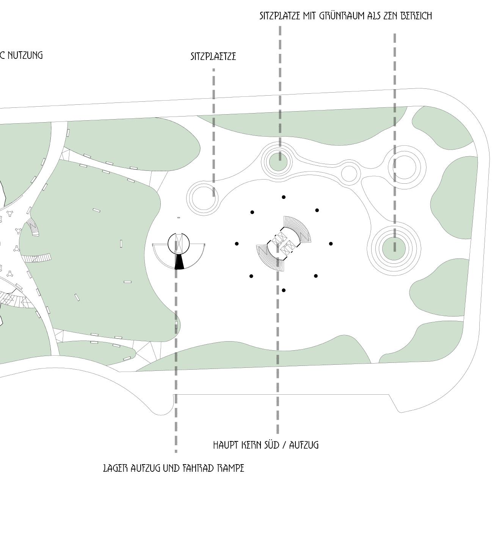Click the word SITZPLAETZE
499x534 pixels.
pos(213,57)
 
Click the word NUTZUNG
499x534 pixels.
pos(25,55)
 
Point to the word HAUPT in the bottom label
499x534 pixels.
pos(226,445)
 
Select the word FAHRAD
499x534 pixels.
pos(198,468)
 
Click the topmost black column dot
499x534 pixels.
pos(284,197)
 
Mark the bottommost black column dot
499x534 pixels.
pos(284,290)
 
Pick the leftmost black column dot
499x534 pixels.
pos(237,244)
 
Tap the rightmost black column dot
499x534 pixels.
pos(331,244)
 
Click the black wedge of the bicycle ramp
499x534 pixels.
pos(179,262)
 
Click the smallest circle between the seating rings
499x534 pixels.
pos(349,173)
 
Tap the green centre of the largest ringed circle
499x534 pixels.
pos(394,249)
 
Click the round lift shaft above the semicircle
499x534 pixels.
pos(179,244)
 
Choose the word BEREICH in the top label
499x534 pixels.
pos(416,16)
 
